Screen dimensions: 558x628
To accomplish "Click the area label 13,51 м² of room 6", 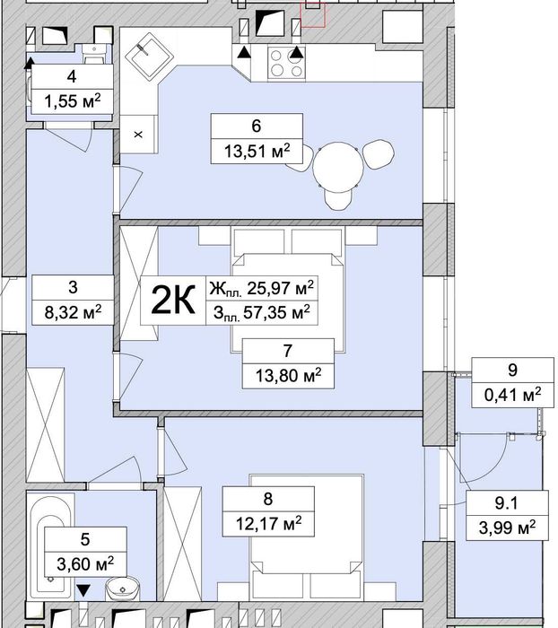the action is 257,152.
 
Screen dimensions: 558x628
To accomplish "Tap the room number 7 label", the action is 288,351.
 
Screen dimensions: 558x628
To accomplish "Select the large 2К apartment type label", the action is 173,300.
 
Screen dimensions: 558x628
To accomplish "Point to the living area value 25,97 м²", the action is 280,288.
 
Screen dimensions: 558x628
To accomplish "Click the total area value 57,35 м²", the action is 276,312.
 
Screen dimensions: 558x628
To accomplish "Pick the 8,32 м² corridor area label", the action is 73,311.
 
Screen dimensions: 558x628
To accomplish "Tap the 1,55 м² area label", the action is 72,100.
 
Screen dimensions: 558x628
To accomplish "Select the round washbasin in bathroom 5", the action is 122,589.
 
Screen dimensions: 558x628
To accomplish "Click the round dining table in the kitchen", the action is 338,167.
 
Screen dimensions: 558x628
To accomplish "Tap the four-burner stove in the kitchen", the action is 286,64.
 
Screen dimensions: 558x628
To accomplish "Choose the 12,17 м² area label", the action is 268,523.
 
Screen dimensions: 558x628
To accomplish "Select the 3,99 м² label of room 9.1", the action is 507,528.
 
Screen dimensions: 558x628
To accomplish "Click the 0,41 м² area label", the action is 513,395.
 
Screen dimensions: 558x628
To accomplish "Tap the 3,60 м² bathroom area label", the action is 85,564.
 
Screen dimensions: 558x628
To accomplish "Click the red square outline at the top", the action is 313,14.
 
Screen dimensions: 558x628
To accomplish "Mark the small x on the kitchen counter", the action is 138,135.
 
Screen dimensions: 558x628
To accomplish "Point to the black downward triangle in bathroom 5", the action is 83,590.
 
